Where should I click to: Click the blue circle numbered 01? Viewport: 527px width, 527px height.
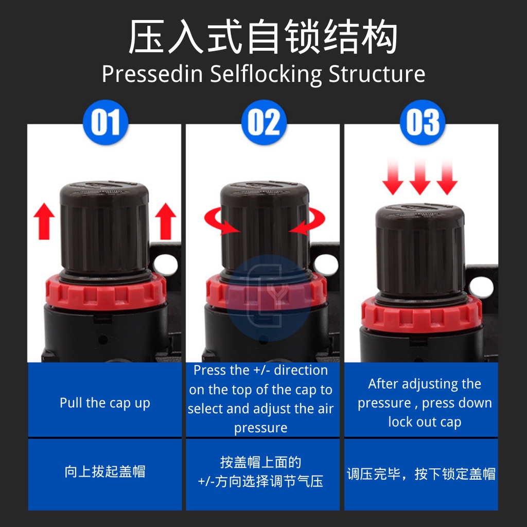point(106,122)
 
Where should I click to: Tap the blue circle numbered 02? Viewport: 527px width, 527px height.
point(264,122)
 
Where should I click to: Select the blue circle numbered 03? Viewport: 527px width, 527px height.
point(423,122)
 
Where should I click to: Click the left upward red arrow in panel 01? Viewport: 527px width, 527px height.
point(44,221)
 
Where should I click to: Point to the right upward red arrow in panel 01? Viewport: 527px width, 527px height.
point(165,221)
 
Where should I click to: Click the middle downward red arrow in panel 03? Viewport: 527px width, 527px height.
point(420,177)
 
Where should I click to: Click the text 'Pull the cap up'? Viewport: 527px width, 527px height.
point(105,403)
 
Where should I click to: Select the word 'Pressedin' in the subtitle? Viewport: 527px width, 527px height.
point(152,74)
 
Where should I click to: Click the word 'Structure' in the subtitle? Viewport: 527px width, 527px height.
point(377,74)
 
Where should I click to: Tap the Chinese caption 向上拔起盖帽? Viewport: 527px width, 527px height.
point(105,471)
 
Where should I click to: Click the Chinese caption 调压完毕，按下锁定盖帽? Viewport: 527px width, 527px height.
point(421,474)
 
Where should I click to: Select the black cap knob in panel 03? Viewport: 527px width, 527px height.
point(420,251)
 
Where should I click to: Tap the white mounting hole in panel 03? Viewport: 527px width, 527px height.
point(481,287)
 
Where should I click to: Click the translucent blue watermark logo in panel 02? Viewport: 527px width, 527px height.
point(268,297)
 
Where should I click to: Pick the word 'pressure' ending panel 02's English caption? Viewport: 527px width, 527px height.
point(261,428)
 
